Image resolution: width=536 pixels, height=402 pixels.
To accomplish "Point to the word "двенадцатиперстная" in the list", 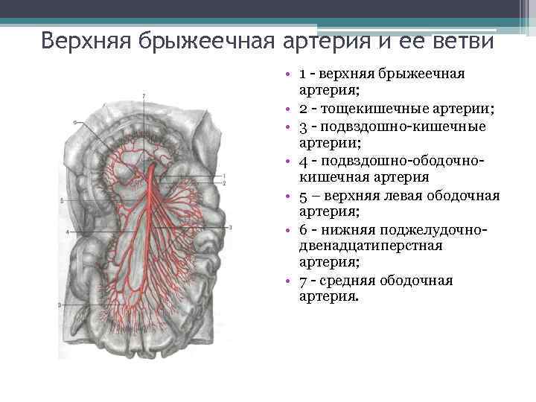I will coord(370,246).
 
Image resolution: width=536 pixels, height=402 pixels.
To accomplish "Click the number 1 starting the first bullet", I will coord(303,74).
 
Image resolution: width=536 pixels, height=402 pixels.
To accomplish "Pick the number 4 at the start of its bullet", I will coord(303,161).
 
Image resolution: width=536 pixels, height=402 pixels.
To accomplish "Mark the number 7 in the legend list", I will coord(303,281).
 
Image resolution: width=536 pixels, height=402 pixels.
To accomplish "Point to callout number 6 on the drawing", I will coord(75,121).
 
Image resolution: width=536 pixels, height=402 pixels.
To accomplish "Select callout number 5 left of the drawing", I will coord(61,200).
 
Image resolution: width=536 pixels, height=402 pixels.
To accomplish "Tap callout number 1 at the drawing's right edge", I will coord(224,175).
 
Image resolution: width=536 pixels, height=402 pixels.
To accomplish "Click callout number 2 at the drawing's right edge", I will coord(224,182).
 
